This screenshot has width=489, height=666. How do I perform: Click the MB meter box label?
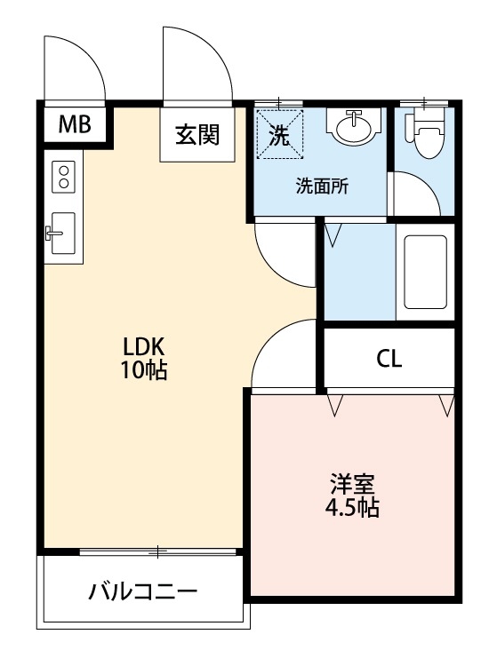pos(75,125)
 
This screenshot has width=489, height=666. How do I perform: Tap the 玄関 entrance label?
pos(197,135)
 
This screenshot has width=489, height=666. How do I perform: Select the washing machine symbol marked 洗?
pos(279,133)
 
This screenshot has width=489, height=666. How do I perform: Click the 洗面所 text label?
pos(322,187)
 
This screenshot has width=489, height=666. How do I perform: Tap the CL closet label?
pos(389,360)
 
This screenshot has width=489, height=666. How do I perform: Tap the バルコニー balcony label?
pos(142,591)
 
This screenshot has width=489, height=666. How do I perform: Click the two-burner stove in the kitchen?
pos(64,175)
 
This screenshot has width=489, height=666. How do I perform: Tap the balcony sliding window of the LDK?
pos(158,552)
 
